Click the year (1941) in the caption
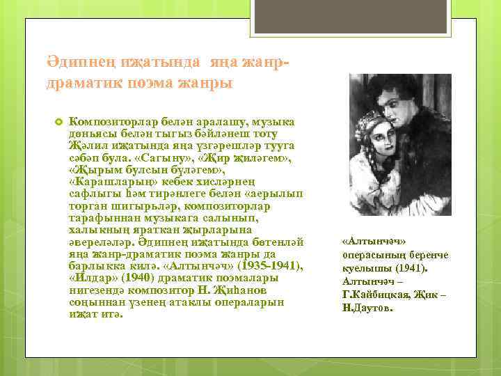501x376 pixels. (412, 268)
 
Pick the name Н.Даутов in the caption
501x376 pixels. (367, 307)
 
